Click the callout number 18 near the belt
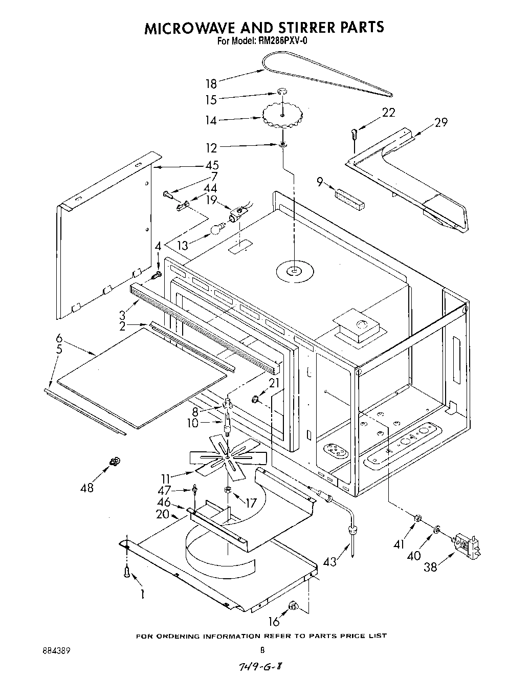(x=211, y=84)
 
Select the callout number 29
(x=440, y=122)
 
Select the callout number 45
(x=212, y=165)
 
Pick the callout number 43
(x=330, y=561)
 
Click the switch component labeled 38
(x=466, y=545)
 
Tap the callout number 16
(x=274, y=621)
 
